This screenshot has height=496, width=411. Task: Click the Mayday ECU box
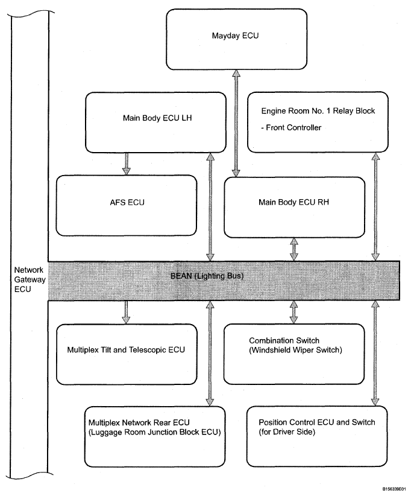236,39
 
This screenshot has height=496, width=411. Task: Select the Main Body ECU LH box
155,122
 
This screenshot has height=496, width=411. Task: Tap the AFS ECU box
127,206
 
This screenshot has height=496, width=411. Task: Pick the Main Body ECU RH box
295,208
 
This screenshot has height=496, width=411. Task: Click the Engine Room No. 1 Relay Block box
318,122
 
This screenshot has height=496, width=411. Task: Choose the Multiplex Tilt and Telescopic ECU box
127,354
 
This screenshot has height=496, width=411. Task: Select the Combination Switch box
294,354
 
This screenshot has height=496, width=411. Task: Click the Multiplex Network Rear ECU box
155,437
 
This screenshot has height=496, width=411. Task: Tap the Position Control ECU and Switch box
317,436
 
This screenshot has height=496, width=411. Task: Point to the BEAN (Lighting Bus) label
207,276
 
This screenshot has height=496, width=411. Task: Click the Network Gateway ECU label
30,279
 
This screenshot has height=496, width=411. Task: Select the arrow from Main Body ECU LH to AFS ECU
127,164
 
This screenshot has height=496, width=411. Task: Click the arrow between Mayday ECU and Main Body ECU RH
236,123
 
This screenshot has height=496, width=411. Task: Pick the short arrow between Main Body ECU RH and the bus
294,250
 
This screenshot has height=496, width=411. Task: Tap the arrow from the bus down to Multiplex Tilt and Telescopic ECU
126,312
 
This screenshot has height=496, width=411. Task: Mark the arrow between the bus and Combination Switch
294,312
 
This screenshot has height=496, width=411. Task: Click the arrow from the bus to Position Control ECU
375,353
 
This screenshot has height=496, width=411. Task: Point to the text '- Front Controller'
291,127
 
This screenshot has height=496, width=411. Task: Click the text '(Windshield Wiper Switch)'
296,350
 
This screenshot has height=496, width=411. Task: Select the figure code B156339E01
394,489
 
